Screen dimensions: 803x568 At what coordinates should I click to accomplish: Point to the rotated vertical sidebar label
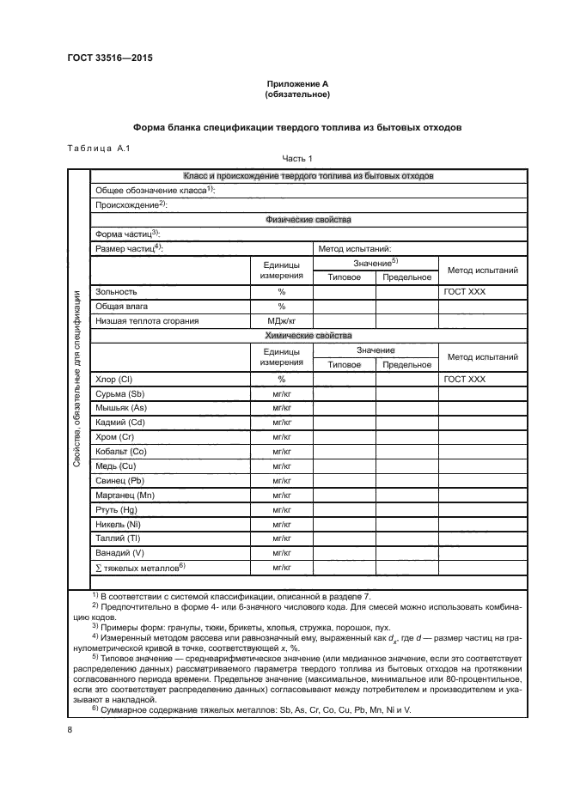click(78, 376)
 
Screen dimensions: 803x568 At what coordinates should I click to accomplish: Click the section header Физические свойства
click(309, 219)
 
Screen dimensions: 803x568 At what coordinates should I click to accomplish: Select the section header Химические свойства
click(309, 335)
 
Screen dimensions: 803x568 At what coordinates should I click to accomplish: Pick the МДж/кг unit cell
click(281, 320)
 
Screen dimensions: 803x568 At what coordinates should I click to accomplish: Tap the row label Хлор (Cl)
click(115, 379)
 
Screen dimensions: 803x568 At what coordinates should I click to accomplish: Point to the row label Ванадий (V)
click(120, 552)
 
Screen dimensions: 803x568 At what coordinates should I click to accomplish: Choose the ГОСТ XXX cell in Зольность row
click(465, 292)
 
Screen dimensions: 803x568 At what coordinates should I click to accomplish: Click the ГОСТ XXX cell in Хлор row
click(465, 379)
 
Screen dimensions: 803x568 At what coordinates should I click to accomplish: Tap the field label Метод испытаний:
click(355, 248)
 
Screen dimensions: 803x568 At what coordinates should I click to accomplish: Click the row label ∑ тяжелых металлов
click(137, 567)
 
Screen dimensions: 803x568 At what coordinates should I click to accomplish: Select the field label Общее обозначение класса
click(153, 190)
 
